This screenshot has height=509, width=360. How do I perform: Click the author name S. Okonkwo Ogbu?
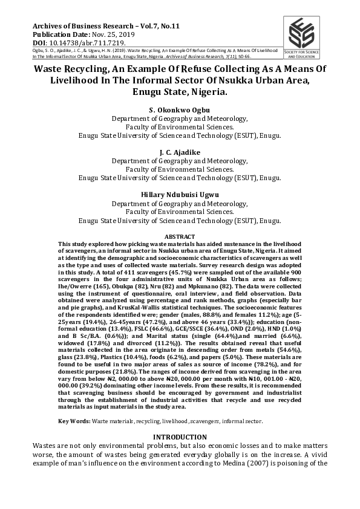(x=180, y=110)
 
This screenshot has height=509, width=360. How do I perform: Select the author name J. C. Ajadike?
(x=180, y=152)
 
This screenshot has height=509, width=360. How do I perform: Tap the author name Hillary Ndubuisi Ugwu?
(x=180, y=195)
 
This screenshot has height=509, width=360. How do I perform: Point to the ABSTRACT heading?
(x=180, y=236)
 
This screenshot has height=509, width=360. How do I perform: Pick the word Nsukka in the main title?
(x=237, y=81)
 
